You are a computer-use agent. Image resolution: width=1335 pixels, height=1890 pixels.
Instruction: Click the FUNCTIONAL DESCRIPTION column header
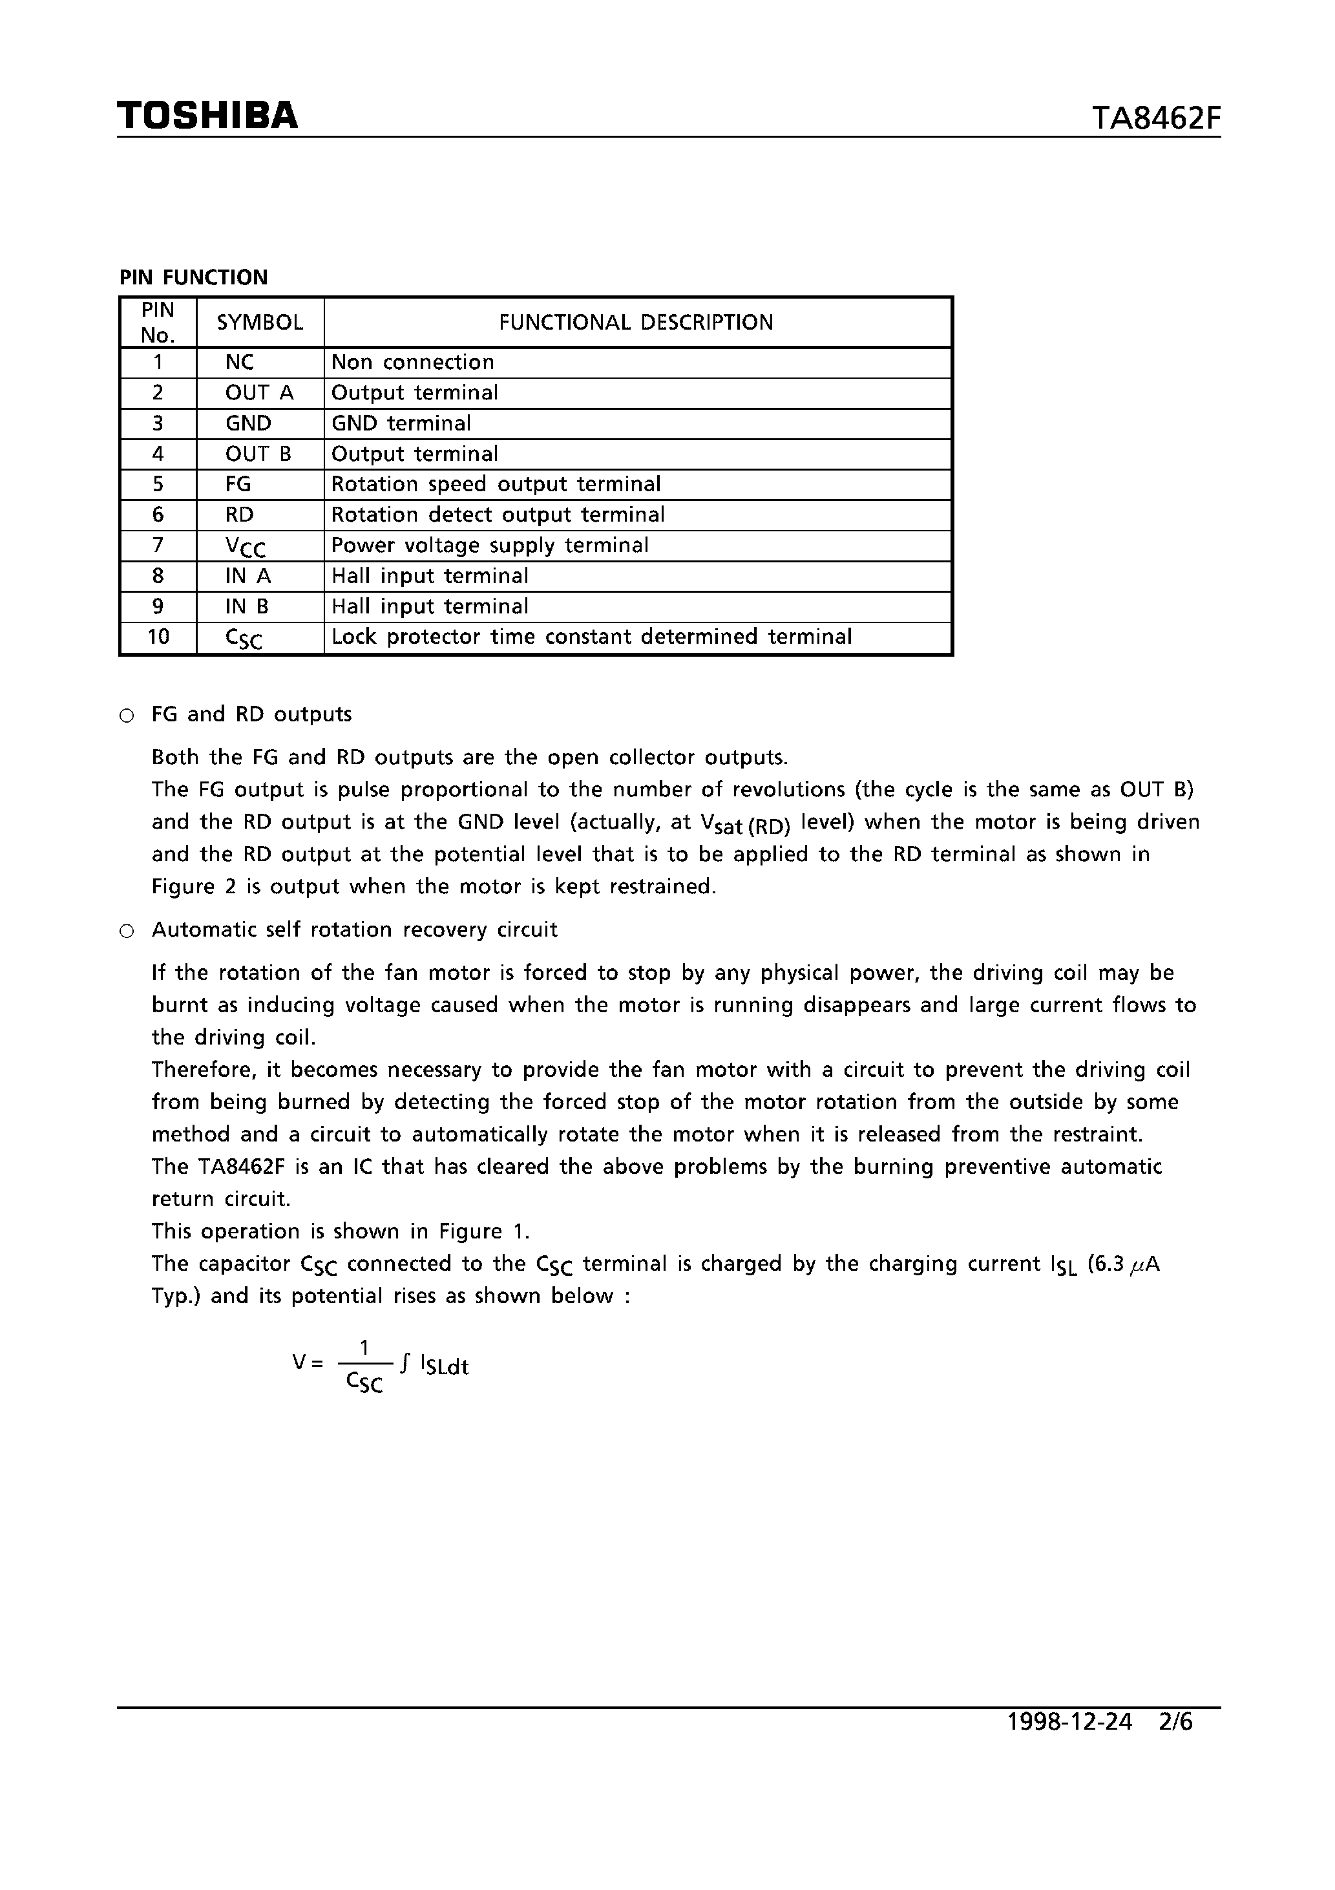(636, 323)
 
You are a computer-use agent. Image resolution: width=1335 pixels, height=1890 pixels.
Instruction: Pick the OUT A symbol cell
(259, 392)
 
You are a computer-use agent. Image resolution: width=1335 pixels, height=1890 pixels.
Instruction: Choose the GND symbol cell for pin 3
(249, 423)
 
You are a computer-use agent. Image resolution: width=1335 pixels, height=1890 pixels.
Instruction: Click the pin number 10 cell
(158, 637)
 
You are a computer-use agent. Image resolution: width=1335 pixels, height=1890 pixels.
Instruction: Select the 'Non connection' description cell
(412, 362)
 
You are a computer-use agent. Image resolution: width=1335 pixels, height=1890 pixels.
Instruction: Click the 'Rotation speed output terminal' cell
(496, 484)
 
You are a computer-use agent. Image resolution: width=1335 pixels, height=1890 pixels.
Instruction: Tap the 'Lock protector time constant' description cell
(591, 637)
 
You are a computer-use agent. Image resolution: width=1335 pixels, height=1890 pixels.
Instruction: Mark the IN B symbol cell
(247, 607)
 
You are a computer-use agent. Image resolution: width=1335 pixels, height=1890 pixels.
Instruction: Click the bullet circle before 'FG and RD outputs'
(127, 716)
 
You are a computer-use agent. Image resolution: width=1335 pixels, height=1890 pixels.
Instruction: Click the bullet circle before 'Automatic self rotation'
(127, 931)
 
